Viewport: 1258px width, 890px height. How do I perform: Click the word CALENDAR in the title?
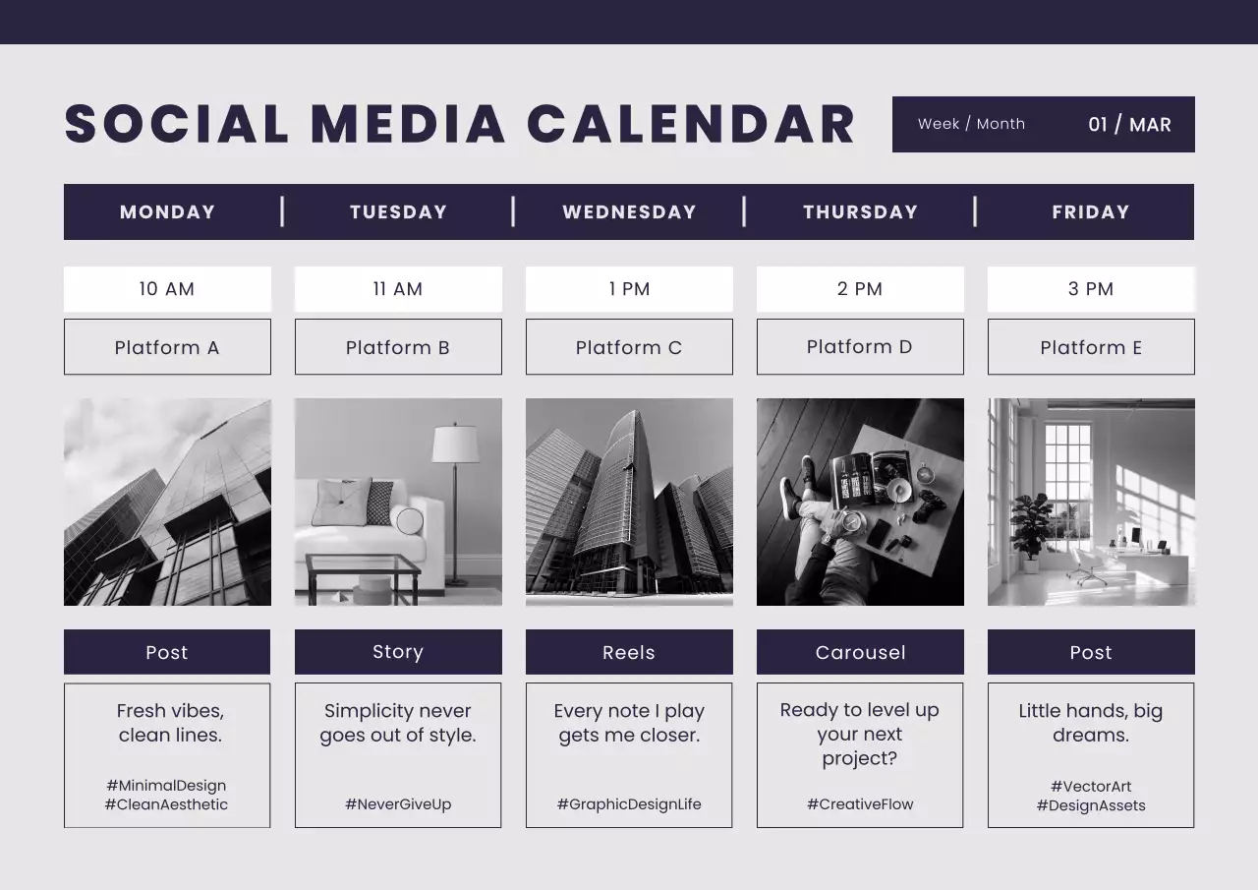click(691, 125)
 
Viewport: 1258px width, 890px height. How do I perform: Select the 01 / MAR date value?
click(1129, 125)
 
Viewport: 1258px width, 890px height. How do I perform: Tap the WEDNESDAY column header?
click(629, 211)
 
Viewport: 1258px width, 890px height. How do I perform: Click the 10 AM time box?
click(167, 289)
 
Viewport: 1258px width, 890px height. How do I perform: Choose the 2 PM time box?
click(860, 289)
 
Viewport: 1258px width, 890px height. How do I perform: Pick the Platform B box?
click(398, 347)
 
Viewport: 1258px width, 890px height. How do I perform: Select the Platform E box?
click(1091, 347)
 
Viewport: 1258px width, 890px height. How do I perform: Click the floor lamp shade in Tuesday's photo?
click(455, 444)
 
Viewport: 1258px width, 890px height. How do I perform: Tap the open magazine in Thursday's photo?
click(869, 477)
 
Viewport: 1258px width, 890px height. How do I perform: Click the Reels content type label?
click(629, 652)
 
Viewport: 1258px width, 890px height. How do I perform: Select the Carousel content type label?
click(860, 652)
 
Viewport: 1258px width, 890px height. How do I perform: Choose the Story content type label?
click(398, 652)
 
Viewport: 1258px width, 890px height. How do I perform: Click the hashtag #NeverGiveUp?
click(398, 804)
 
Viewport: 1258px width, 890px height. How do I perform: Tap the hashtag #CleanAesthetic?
click(166, 804)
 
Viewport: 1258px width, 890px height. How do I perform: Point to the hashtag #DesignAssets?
click(1091, 805)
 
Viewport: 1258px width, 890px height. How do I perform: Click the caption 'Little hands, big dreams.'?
click(1091, 723)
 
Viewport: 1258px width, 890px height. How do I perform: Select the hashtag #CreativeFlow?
click(860, 804)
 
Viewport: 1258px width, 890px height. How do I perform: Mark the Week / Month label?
click(971, 124)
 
